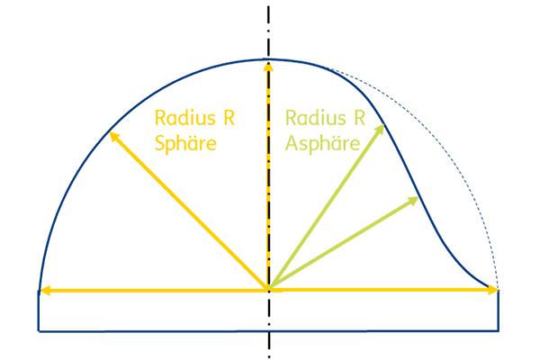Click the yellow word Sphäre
tap(185, 143)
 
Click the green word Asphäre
tap(323, 143)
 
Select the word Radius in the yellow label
tap(185, 118)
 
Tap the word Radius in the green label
tap(316, 118)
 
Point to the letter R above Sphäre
tap(229, 118)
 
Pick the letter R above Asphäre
tap(360, 118)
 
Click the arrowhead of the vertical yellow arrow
tap(268, 66)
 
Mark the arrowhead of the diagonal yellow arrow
tap(114, 137)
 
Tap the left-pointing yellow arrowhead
tap(46, 291)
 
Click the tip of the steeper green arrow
tap(384, 125)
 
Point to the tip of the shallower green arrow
tap(418, 197)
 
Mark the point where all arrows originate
tap(268, 290)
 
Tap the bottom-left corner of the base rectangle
tap(39, 331)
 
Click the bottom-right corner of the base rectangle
tap(499, 331)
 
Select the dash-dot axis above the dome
tap(268, 31)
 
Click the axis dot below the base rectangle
tap(269, 357)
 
